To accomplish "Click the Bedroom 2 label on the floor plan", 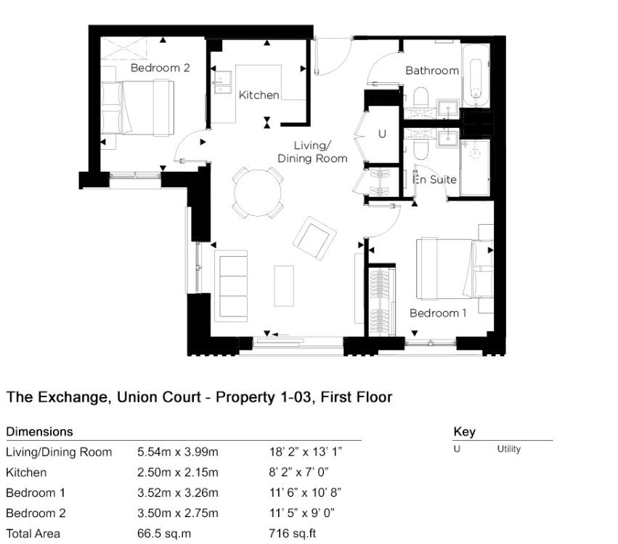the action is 160,68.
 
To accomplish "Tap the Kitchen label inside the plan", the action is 259,95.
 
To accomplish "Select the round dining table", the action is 258,193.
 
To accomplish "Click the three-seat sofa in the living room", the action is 232,286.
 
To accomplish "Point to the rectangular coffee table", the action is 284,286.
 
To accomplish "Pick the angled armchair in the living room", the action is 314,238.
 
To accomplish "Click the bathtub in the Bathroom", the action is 476,75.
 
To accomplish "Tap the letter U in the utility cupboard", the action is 382,134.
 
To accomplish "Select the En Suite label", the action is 435,180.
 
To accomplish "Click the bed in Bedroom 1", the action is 455,268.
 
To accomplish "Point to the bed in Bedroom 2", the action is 138,108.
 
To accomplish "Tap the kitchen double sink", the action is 223,83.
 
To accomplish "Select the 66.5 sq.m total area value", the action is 164,534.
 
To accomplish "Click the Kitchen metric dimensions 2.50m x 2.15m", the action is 178,472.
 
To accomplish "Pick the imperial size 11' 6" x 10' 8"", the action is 305,492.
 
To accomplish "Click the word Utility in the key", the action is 509,449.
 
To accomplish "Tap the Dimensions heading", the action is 40,431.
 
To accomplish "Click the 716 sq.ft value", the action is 293,534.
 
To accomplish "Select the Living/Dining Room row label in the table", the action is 59,452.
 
